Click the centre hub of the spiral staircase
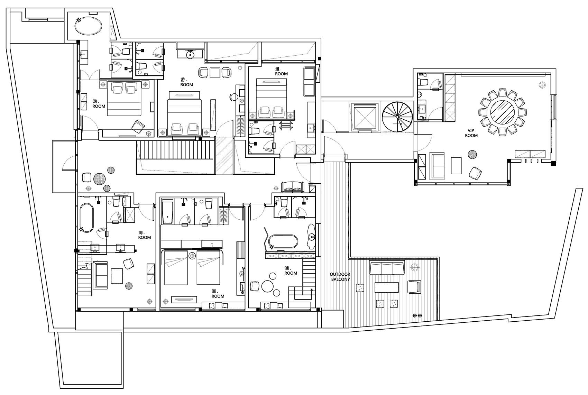click(x=397, y=117)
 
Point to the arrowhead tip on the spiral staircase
click(x=402, y=124)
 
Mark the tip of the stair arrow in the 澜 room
click(x=312, y=289)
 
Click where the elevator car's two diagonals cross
click(x=364, y=117)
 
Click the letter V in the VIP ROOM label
click(x=469, y=130)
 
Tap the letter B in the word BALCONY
click(x=332, y=279)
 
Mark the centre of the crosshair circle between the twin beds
click(x=192, y=255)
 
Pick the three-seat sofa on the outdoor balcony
click(x=387, y=267)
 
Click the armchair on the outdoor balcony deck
click(x=414, y=287)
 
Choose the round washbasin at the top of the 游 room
click(x=190, y=55)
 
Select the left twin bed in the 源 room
click(x=176, y=268)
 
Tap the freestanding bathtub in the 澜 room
click(x=283, y=241)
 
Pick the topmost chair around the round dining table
click(x=503, y=93)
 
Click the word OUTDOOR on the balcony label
click(x=340, y=274)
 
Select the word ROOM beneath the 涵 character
click(x=99, y=106)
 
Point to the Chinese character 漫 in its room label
click(x=277, y=69)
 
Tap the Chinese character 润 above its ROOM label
click(x=141, y=232)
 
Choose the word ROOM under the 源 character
click(x=218, y=296)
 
